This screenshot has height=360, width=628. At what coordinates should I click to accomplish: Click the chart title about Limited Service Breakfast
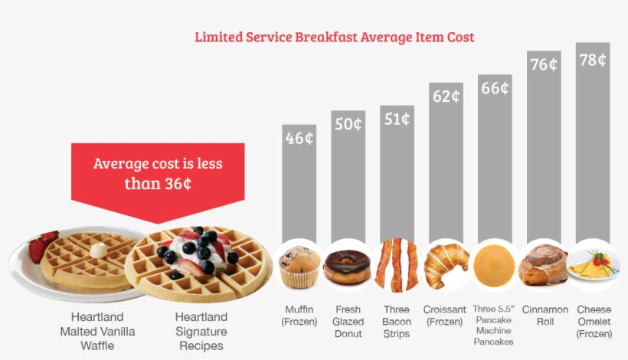pyautogui.click(x=334, y=37)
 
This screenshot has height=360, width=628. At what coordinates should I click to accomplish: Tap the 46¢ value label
pyautogui.click(x=299, y=139)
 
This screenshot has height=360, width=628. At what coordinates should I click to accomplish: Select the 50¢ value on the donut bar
pyautogui.click(x=348, y=124)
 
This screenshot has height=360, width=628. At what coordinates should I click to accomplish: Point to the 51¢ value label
pyautogui.click(x=397, y=119)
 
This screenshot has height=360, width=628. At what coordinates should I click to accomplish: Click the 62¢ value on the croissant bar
pyautogui.click(x=446, y=97)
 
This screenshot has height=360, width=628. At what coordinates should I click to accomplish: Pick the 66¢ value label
pyautogui.click(x=495, y=88)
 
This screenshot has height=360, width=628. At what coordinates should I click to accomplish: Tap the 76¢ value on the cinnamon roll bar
pyautogui.click(x=544, y=64)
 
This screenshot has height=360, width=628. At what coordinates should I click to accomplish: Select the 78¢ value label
pyautogui.click(x=593, y=60)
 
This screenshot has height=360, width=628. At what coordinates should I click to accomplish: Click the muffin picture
pyautogui.click(x=299, y=267)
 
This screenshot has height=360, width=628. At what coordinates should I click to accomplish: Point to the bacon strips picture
pyautogui.click(x=397, y=264)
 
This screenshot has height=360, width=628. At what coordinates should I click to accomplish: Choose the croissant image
pyautogui.click(x=446, y=265)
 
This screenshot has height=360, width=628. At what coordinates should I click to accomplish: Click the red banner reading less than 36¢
pyautogui.click(x=158, y=174)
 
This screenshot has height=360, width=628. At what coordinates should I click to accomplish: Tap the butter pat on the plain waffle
pyautogui.click(x=98, y=250)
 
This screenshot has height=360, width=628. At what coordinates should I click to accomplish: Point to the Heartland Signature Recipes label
pyautogui.click(x=201, y=331)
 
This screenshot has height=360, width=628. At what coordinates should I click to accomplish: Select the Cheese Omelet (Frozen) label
pyautogui.click(x=594, y=322)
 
